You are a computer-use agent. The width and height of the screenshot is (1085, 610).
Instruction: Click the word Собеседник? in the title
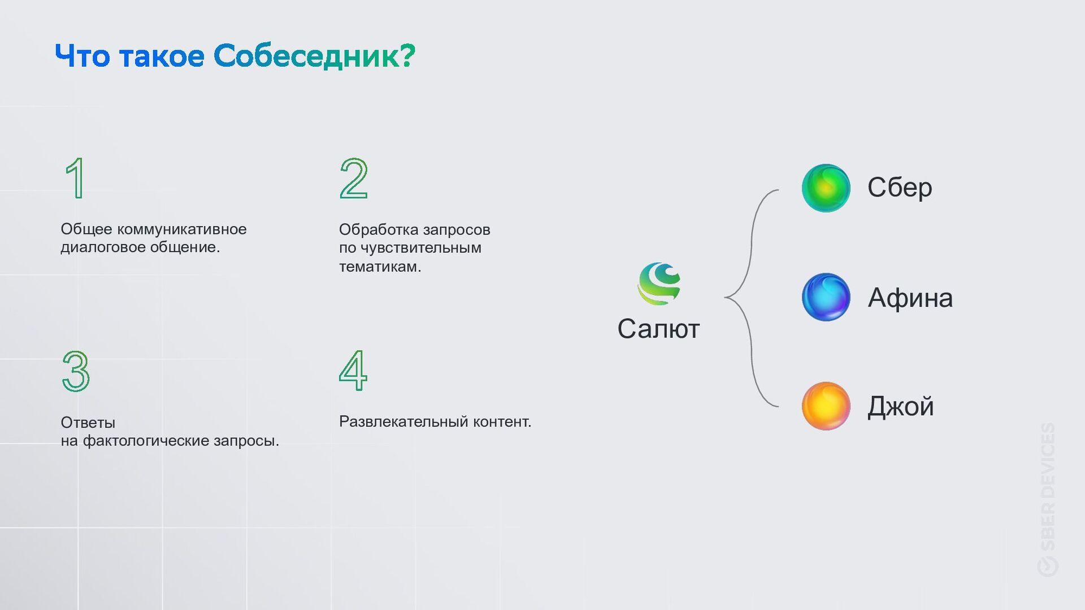pyautogui.click(x=314, y=56)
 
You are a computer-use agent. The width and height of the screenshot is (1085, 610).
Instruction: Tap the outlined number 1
pyautogui.click(x=76, y=178)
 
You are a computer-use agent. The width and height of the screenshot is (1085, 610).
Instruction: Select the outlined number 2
pyautogui.click(x=354, y=178)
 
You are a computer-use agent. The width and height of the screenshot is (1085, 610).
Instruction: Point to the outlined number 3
pyautogui.click(x=76, y=371)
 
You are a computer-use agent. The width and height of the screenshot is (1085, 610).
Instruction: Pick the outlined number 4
pyautogui.click(x=353, y=371)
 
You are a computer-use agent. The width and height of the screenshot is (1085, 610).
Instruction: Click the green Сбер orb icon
pyautogui.click(x=826, y=188)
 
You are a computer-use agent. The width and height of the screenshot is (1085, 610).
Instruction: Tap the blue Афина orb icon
pyautogui.click(x=826, y=297)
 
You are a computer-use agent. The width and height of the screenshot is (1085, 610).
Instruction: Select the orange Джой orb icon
pyautogui.click(x=826, y=406)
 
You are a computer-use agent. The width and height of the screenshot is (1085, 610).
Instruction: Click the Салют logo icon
pyautogui.click(x=659, y=284)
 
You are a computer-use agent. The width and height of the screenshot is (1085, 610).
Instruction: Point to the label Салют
pyautogui.click(x=658, y=329)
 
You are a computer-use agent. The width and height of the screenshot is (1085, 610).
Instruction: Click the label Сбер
pyautogui.click(x=900, y=188)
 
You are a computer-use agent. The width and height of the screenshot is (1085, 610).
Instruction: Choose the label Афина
pyautogui.click(x=910, y=298)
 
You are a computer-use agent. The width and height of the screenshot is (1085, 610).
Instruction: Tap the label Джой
pyautogui.click(x=900, y=407)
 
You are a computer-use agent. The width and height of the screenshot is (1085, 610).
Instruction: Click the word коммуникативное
pyautogui.click(x=181, y=229)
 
